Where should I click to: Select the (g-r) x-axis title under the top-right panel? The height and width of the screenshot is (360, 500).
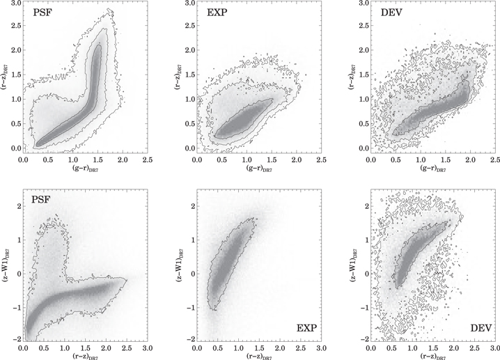pyautogui.click(x=432, y=170)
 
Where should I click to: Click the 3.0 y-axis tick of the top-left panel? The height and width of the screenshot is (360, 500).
pyautogui.click(x=13, y=5)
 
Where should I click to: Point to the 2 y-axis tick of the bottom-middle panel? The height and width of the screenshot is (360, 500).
pyautogui.click(x=191, y=205)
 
